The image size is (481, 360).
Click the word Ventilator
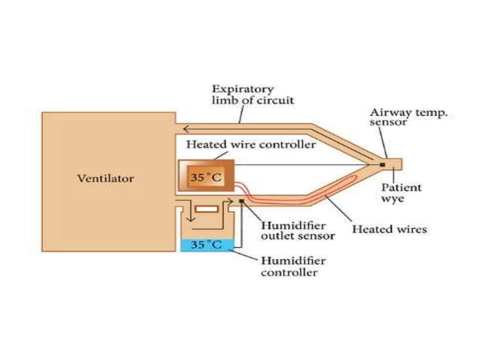click(x=106, y=178)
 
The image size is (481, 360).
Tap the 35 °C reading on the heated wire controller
click(x=204, y=178)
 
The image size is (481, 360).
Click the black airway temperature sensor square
click(x=383, y=163)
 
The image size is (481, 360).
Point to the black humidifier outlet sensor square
click(x=240, y=201)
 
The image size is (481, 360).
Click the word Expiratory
click(x=243, y=89)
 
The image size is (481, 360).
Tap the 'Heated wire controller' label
click(x=251, y=144)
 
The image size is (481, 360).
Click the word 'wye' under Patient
click(x=392, y=200)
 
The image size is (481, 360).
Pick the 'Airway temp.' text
click(x=408, y=112)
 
